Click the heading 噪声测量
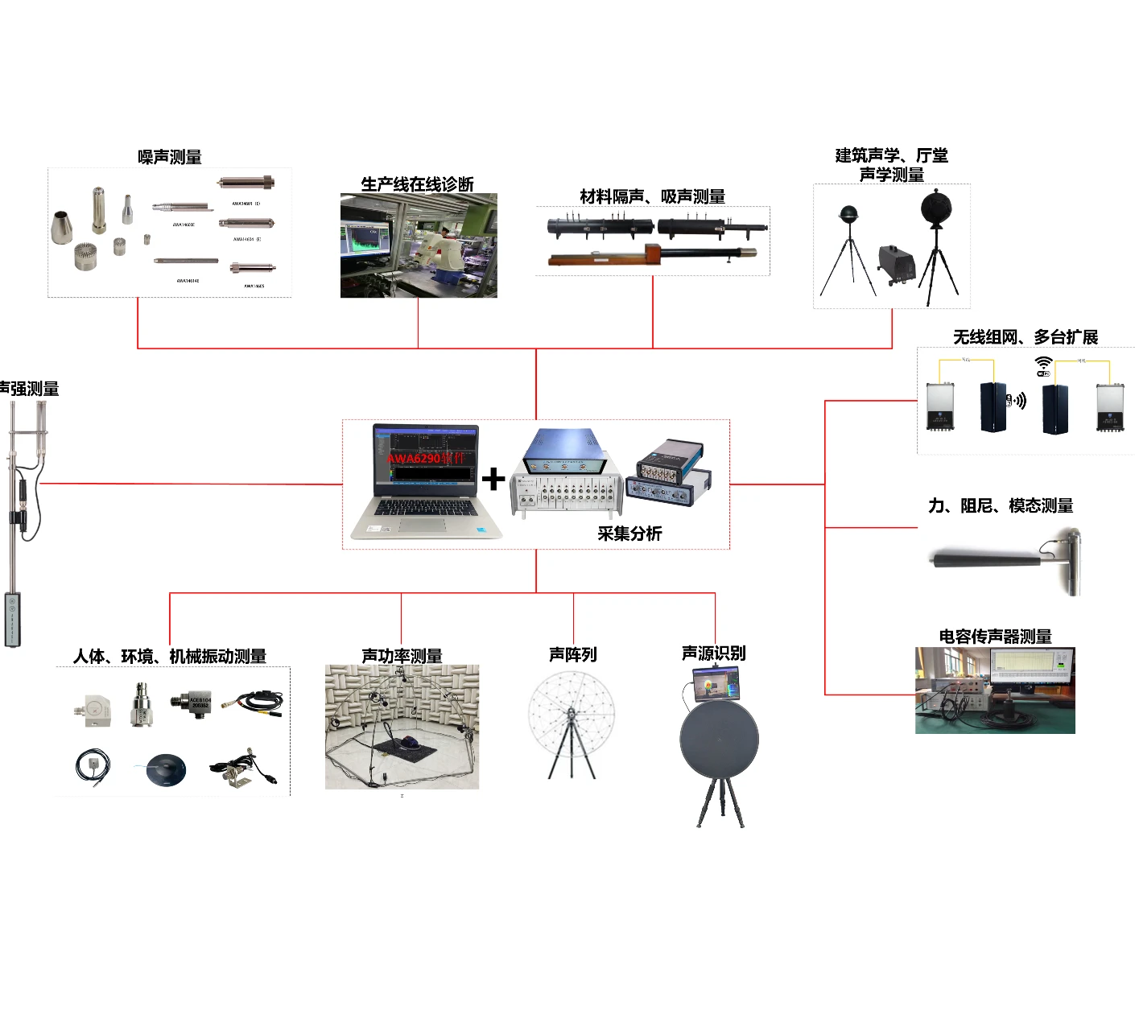click(x=169, y=157)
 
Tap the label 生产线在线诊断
click(x=417, y=184)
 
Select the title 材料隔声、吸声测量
click(x=652, y=196)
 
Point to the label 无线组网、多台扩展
click(x=1025, y=337)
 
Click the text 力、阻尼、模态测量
click(x=1001, y=505)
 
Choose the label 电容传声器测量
click(x=995, y=637)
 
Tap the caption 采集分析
click(x=629, y=534)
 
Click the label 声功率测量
click(x=402, y=656)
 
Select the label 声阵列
click(x=572, y=654)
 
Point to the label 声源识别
click(x=713, y=653)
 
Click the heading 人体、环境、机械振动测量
click(x=169, y=656)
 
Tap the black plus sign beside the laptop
click(x=493, y=479)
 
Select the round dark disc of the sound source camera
click(x=719, y=739)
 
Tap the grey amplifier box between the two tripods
click(x=897, y=263)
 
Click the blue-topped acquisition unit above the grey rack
click(x=566, y=451)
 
